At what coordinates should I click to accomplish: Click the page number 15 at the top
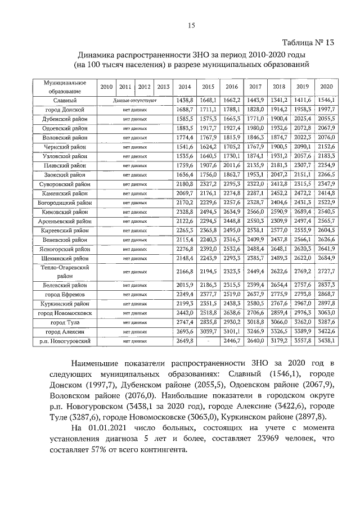click(x=191, y=25)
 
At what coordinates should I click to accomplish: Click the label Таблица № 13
click(x=309, y=44)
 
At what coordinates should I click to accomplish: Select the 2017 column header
click(x=255, y=87)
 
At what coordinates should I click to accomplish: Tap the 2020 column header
click(x=326, y=87)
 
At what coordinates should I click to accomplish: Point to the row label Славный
click(x=61, y=100)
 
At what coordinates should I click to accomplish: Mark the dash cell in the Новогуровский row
click(x=208, y=341)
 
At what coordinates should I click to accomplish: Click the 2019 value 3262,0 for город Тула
click(x=303, y=322)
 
